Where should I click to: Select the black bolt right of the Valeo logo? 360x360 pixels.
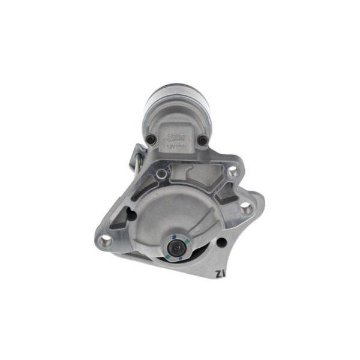[x=201, y=141]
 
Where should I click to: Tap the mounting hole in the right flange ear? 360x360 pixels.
[x=245, y=208]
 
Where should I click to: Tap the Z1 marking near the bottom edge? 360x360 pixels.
[x=220, y=274]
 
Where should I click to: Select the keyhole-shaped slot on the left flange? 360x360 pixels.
[x=130, y=214]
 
